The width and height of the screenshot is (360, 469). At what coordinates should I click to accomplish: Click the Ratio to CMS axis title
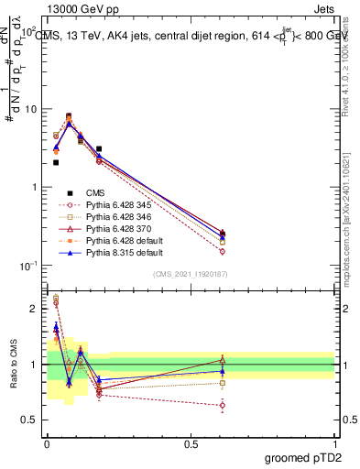click(x=14, y=365)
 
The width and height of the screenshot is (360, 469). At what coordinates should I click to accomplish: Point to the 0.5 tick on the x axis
click(x=191, y=442)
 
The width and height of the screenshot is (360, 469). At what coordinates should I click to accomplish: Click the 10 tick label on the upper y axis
click(x=29, y=109)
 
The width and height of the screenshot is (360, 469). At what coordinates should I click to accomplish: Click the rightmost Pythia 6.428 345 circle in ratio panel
click(x=223, y=404)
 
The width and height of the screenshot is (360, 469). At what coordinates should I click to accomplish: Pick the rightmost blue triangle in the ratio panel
click(x=223, y=371)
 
